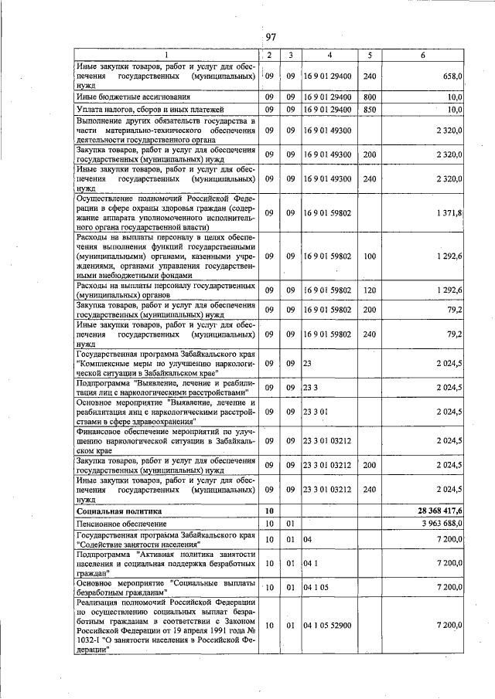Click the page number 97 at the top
tap(271, 37)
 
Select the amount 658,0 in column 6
tap(450, 77)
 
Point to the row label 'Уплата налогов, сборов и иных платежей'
tap(145, 110)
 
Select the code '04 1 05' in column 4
tap(316, 587)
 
